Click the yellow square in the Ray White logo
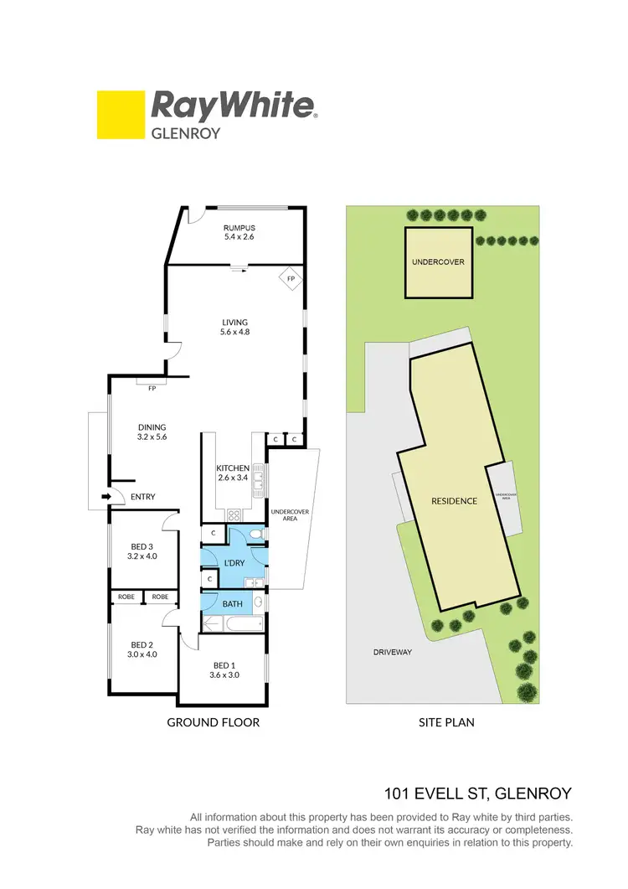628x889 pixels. [x=121, y=115]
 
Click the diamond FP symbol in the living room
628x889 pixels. [x=290, y=278]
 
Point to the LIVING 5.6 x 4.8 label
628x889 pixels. [x=234, y=327]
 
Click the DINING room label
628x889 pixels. [x=152, y=432]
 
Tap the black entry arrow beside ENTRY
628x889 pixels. [x=106, y=497]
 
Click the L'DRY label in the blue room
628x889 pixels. [x=234, y=563]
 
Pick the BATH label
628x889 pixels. [x=231, y=602]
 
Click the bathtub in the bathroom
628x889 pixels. [x=229, y=623]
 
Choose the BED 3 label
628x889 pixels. [x=141, y=550]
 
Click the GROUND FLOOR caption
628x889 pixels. [x=213, y=722]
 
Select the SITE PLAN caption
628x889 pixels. [x=446, y=722]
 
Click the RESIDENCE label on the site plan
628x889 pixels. [x=454, y=501]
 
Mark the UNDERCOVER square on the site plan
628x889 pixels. [x=437, y=262]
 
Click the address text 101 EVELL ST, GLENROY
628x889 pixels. [x=478, y=793]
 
